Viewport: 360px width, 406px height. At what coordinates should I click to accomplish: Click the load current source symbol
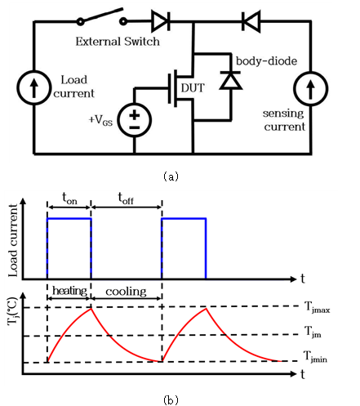tap(34, 87)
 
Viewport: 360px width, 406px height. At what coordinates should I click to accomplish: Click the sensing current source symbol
tap(310, 88)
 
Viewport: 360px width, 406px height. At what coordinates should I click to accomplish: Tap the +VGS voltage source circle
tap(135, 120)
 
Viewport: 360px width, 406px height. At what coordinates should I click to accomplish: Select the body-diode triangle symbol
tap(231, 80)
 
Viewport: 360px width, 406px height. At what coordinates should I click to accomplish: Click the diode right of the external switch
tap(161, 21)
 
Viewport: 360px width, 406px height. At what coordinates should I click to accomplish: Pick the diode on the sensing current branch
tap(251, 21)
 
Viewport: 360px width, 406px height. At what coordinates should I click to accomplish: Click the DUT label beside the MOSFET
tap(193, 88)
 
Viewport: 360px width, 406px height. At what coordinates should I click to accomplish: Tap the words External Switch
tap(118, 42)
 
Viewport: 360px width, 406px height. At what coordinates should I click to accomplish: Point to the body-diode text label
tap(266, 61)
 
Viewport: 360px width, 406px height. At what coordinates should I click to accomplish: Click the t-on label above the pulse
tap(69, 199)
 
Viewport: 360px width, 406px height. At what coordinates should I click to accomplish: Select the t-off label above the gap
tap(126, 198)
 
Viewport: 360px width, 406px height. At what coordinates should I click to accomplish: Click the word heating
tap(69, 291)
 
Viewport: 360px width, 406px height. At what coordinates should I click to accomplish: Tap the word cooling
tap(126, 292)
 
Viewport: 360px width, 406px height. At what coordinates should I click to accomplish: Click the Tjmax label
tap(317, 307)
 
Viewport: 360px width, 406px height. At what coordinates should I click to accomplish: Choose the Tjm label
tap(313, 332)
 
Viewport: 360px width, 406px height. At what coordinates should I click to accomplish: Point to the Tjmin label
tap(315, 357)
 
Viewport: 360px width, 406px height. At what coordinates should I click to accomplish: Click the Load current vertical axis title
tap(13, 240)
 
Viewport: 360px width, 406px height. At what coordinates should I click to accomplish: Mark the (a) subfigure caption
tap(171, 176)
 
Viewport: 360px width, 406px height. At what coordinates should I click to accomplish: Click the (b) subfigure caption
tap(171, 400)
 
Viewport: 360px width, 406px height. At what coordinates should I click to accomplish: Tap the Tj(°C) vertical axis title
tap(12, 311)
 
